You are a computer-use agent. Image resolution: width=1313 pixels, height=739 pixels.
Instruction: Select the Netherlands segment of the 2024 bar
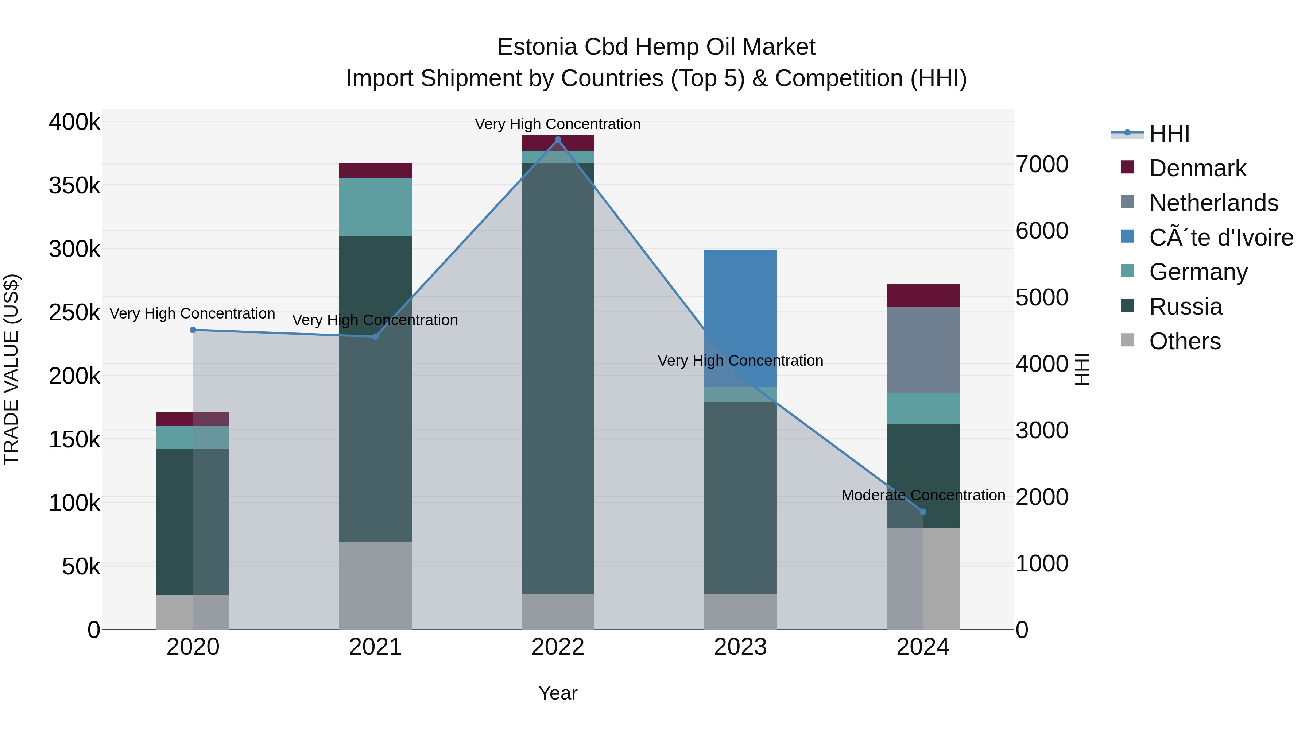pyautogui.click(x=923, y=350)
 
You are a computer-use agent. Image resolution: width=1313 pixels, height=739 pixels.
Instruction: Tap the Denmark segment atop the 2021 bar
pyautogui.click(x=375, y=170)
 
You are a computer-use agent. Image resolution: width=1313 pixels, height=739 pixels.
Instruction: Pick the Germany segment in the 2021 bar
pyautogui.click(x=375, y=207)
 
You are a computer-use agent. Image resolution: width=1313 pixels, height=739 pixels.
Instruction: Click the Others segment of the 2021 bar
pyautogui.click(x=375, y=585)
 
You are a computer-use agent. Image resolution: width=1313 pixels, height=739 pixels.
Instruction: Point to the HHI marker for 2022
pyautogui.click(x=558, y=140)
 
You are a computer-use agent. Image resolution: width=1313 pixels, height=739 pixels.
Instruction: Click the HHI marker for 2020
pyautogui.click(x=193, y=330)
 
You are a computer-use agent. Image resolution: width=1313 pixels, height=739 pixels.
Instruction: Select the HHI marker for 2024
pyautogui.click(x=923, y=512)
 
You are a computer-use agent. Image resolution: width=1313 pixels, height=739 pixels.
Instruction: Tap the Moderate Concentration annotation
pyautogui.click(x=923, y=495)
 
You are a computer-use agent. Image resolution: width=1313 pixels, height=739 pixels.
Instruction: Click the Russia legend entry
pyautogui.click(x=1185, y=307)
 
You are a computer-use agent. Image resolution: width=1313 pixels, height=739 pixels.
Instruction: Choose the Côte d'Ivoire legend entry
pyautogui.click(x=1221, y=238)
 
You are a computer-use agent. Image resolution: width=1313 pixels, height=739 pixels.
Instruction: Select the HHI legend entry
pyautogui.click(x=1169, y=134)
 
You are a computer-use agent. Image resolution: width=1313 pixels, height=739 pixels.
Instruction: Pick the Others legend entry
pyautogui.click(x=1185, y=341)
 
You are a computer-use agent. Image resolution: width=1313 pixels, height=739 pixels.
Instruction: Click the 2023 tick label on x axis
pyautogui.click(x=740, y=647)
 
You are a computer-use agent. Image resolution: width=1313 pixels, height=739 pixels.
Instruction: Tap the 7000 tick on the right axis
pyautogui.click(x=1041, y=164)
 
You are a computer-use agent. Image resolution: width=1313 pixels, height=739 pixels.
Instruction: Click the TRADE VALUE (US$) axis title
pyautogui.click(x=11, y=369)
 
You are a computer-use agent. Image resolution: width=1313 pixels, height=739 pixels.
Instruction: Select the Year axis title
pyautogui.click(x=558, y=693)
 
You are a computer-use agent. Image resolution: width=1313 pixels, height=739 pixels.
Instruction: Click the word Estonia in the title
pyautogui.click(x=537, y=47)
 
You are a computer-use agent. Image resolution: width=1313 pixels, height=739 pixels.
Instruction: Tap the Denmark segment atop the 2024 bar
pyautogui.click(x=923, y=296)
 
